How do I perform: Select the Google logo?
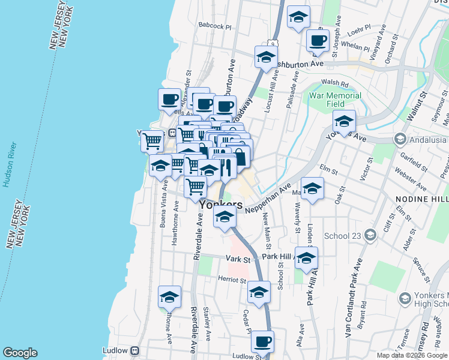20,353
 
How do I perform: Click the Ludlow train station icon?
136,350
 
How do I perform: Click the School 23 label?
342,235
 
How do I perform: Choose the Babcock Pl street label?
214,26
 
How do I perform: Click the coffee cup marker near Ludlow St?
262,341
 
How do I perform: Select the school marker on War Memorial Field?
345,121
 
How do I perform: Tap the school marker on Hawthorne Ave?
169,296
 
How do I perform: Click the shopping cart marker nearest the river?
152,141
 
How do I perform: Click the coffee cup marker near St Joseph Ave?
318,41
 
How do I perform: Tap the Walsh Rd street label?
335,83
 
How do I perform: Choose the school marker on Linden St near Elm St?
312,188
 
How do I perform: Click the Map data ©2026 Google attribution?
412,355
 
